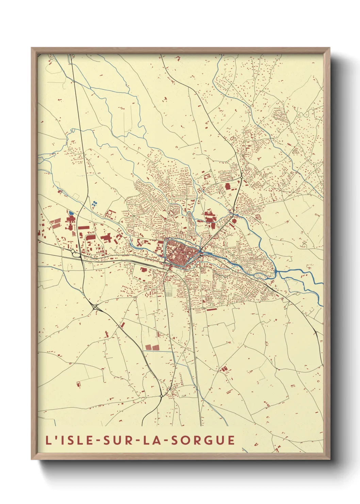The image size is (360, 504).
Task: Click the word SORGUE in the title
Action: (x=202, y=440)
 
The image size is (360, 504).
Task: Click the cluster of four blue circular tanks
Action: (x=95, y=203)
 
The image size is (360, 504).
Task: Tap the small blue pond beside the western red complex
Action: (x=71, y=213)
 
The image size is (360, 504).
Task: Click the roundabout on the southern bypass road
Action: (x=161, y=396)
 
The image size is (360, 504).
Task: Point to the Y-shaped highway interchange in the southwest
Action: (x=95, y=306)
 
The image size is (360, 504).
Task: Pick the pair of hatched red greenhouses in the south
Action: (x=152, y=347)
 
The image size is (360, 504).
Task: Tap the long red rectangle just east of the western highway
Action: (x=83, y=227)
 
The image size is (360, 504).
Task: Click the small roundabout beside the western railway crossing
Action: (x=73, y=251)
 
